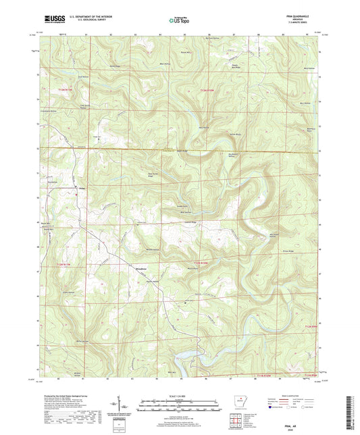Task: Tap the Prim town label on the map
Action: (82, 188)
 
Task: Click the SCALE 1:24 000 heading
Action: (180, 396)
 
